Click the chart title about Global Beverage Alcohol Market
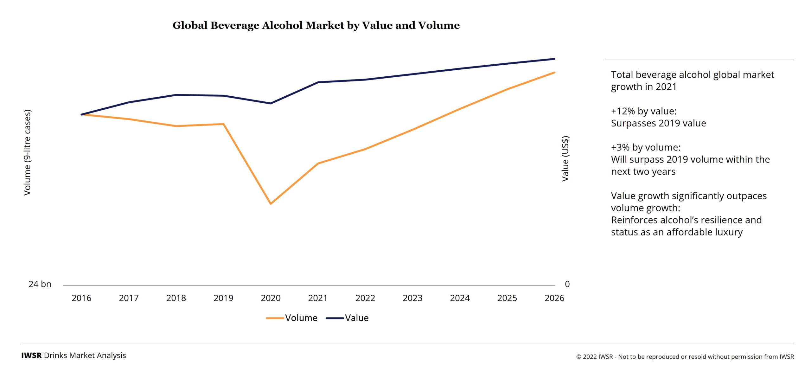(x=316, y=25)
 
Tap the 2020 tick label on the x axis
(x=271, y=298)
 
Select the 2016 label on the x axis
(x=81, y=298)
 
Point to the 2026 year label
(x=554, y=298)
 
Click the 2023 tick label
(x=412, y=298)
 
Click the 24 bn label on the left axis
(x=40, y=284)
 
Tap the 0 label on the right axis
(x=567, y=284)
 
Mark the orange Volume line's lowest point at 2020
(x=271, y=203)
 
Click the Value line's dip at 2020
(x=271, y=103)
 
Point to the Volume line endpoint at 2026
(x=554, y=73)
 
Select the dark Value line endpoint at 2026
(x=554, y=59)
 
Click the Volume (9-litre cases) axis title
(x=28, y=152)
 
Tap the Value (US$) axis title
(x=565, y=159)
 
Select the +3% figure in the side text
(x=620, y=147)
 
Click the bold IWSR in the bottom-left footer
(x=31, y=356)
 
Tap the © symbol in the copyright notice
(x=578, y=357)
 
